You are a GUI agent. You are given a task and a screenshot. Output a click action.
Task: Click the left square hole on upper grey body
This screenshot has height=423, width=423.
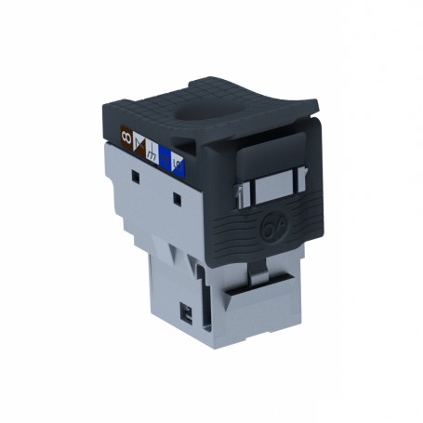coord(135,174)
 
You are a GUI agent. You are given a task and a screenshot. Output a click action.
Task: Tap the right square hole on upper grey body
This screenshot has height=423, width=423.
coord(177,197)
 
